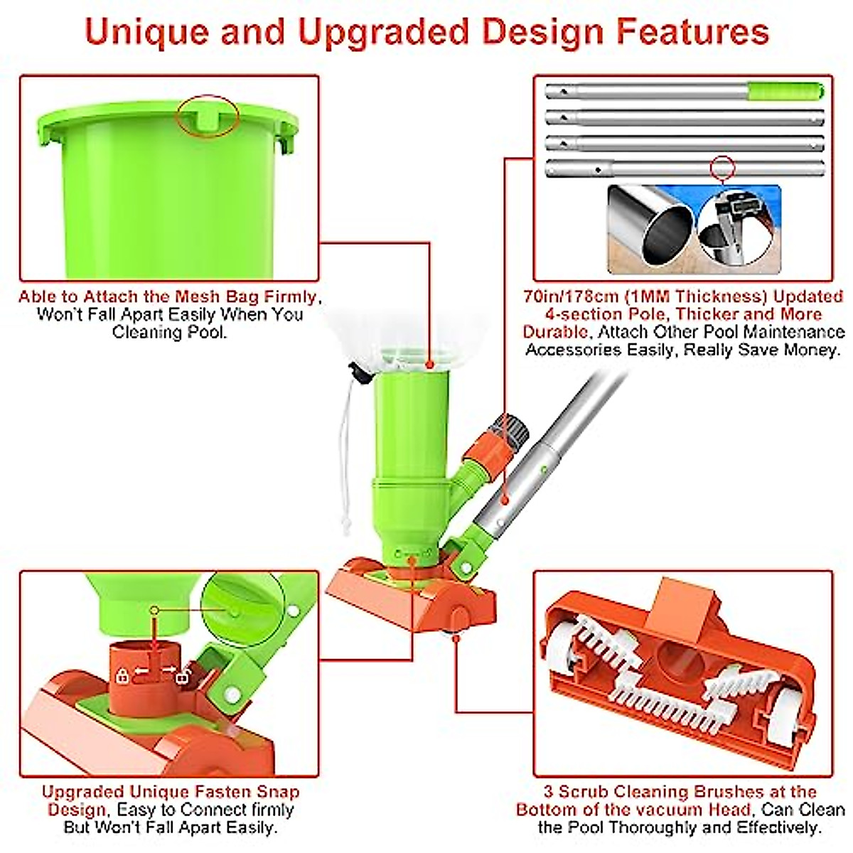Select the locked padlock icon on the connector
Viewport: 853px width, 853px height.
pyautogui.click(x=123, y=675)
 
